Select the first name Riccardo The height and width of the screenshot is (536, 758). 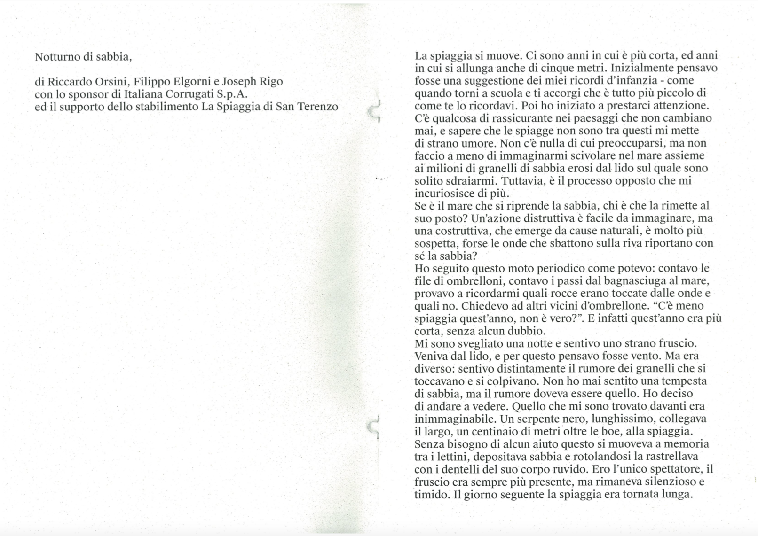pos(65,82)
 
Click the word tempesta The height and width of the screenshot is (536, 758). pos(686,381)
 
